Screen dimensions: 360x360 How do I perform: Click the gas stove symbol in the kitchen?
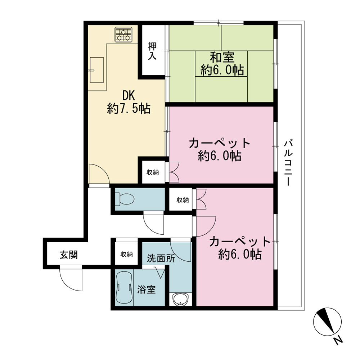click(x=123, y=35)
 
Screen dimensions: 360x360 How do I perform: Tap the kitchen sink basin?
click(x=96, y=70)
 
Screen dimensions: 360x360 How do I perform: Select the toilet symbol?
click(x=125, y=199)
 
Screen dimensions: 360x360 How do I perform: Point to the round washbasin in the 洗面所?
click(x=181, y=299)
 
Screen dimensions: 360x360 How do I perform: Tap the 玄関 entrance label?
click(x=69, y=255)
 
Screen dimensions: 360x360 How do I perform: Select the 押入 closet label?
click(x=152, y=51)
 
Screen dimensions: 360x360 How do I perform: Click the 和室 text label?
click(x=222, y=57)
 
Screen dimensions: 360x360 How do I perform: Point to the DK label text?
click(x=129, y=95)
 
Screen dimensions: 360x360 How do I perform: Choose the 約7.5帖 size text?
click(x=129, y=109)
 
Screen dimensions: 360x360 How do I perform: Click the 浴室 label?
click(x=147, y=290)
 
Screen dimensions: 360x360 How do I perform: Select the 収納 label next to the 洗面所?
click(x=126, y=255)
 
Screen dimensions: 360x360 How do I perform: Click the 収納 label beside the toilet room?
click(x=183, y=200)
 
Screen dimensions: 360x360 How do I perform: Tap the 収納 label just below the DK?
click(x=153, y=172)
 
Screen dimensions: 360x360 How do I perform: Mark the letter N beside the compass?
click(x=338, y=340)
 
